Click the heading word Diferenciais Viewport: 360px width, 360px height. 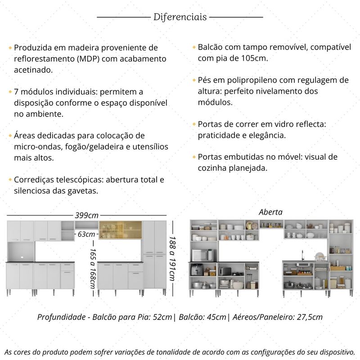click(180, 17)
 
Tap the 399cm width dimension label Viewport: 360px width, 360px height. click(87, 216)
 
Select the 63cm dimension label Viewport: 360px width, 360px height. click(86, 234)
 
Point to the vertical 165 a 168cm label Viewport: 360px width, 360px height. click(93, 269)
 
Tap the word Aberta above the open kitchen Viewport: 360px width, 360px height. click(270, 212)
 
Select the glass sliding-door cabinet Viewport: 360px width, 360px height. click(120, 230)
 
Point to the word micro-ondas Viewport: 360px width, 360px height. click(33, 147)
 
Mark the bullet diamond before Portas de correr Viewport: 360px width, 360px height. click(194, 123)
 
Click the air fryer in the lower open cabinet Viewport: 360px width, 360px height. click(196, 270)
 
